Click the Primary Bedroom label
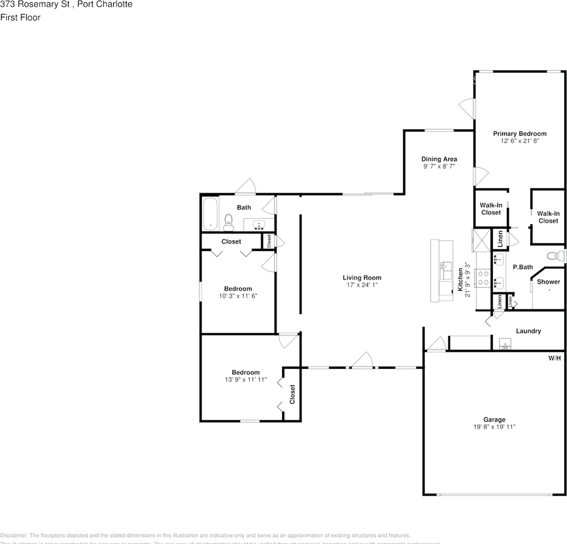pos(519,134)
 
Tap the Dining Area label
pos(439,159)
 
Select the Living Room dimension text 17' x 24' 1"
pos(361,286)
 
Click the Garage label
pos(494,420)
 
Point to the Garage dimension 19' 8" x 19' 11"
pos(494,427)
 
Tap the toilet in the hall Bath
pos(229,222)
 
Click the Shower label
pos(548,282)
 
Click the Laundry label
pos(528,331)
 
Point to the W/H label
pos(554,358)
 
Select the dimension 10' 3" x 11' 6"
pos(238,296)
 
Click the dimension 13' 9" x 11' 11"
pos(246,380)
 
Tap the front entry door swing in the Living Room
pos(363,360)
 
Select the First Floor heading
pos(20,18)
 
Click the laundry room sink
pos(505,345)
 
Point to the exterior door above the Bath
pos(246,186)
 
